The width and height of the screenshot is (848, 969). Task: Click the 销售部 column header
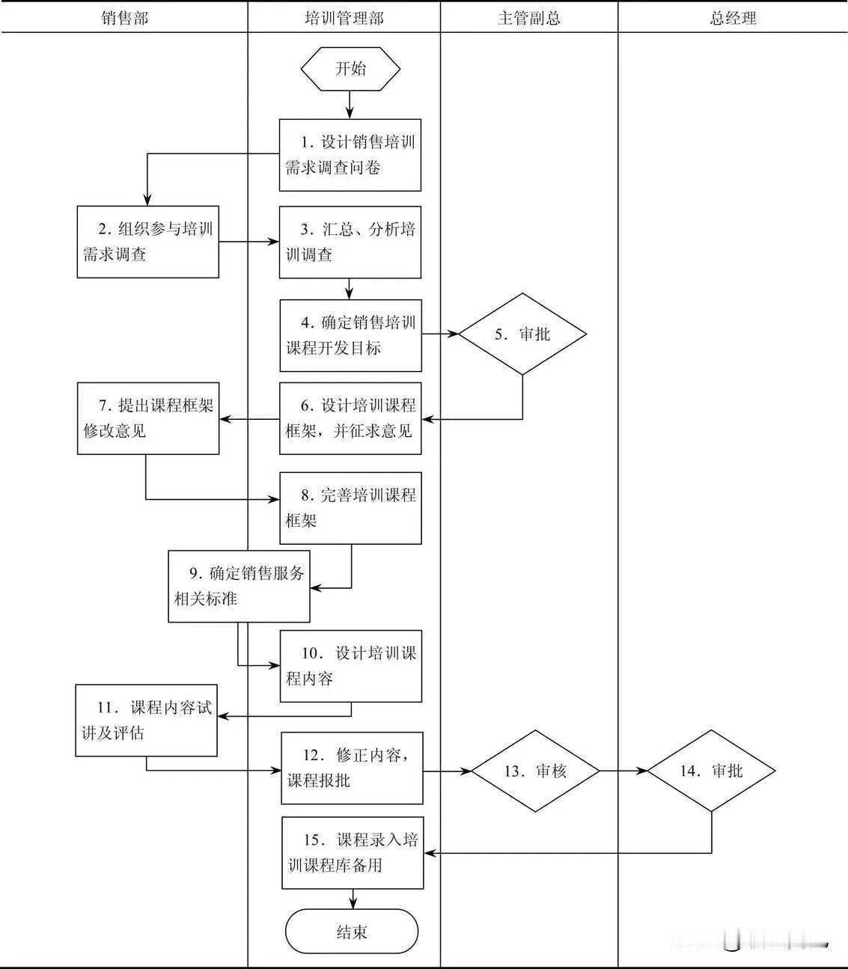click(124, 18)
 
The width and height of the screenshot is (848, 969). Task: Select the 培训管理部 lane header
click(344, 18)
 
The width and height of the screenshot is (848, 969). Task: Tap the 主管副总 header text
click(528, 18)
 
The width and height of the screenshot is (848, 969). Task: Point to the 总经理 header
click(733, 18)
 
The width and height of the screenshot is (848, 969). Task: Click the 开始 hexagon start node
click(350, 69)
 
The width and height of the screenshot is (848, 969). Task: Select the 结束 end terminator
click(351, 932)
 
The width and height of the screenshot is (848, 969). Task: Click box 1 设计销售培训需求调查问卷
click(350, 155)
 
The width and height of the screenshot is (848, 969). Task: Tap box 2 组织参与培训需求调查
click(148, 242)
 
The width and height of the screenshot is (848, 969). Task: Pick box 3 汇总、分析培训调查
click(350, 242)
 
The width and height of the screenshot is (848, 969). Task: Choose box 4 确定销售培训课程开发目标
click(350, 335)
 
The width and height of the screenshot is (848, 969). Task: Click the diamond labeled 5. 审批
click(522, 334)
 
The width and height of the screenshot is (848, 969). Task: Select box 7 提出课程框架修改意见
click(148, 418)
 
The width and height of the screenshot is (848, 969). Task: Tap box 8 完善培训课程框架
click(350, 507)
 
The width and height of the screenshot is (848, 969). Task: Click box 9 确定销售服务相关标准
click(239, 586)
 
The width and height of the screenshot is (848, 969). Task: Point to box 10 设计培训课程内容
click(350, 666)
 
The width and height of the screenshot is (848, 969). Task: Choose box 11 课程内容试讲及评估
click(146, 720)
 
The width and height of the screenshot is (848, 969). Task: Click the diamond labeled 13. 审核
click(535, 771)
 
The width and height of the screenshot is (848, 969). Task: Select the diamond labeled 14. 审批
click(711, 771)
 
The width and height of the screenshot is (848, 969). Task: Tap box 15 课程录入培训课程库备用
click(353, 852)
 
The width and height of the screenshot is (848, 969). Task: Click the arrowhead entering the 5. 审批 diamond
click(454, 334)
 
